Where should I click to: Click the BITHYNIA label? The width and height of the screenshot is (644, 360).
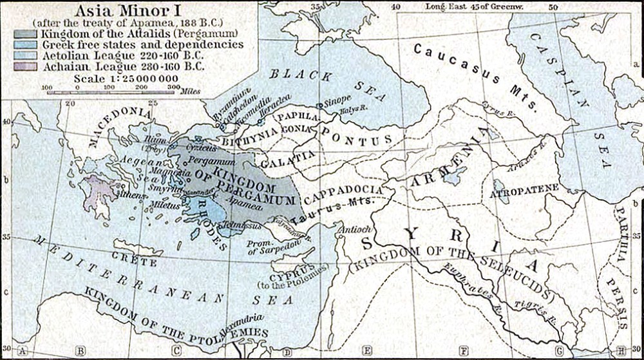pos(250,137)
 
